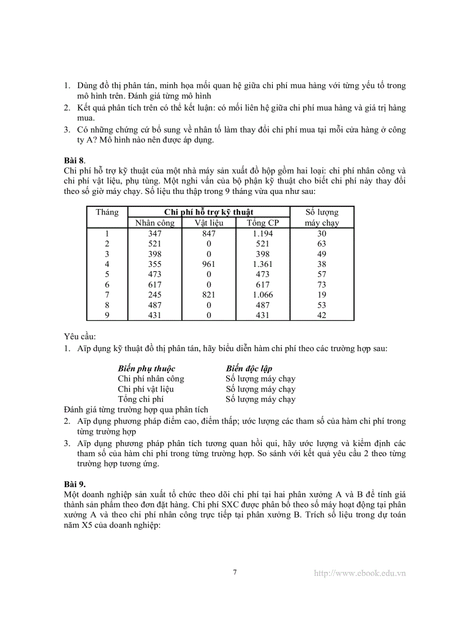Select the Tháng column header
107,212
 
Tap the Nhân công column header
155,223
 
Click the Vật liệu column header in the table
209,223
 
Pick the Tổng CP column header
262,223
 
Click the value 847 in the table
209,234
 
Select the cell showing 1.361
262,264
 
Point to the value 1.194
262,234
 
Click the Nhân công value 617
155,285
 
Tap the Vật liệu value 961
209,264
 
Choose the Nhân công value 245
155,295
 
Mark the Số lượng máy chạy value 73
322,285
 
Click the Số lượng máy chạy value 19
322,295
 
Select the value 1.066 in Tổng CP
262,295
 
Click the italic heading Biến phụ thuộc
146,369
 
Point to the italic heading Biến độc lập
249,369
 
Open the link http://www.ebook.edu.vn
359,573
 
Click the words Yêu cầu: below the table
80,337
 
